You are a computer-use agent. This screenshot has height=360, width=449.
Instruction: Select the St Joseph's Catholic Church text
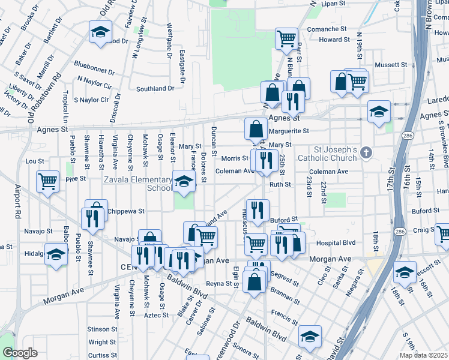(x=336, y=153)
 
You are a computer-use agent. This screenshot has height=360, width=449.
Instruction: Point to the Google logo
(x=20, y=353)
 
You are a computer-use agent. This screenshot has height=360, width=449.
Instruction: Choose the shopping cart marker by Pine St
(x=47, y=179)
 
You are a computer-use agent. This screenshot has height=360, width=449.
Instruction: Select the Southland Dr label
(x=155, y=88)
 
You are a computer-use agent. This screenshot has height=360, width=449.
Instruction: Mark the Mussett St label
(x=391, y=64)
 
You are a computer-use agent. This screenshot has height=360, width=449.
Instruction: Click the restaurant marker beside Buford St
(x=258, y=209)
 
